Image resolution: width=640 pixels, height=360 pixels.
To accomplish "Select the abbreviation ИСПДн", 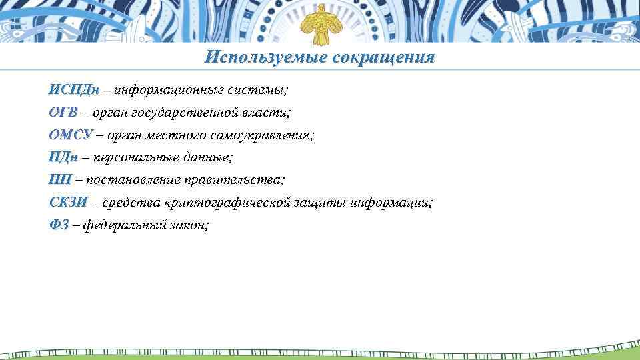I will click(74, 89).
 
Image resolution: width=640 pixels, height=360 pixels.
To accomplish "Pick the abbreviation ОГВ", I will click(64, 112).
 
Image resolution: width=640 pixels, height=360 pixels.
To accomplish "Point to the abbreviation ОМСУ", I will click(70, 135).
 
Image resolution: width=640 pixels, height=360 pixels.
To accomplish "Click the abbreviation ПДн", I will click(63, 157).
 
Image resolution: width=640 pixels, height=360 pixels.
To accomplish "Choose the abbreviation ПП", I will click(60, 180).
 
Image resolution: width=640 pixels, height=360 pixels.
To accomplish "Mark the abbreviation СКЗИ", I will click(68, 203).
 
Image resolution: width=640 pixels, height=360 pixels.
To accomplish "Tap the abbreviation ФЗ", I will click(59, 225).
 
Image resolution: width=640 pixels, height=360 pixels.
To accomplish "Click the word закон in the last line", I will click(191, 225).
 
